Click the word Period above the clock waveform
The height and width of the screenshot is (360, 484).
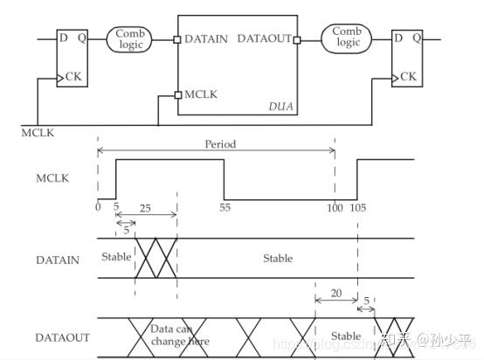[x=220, y=144]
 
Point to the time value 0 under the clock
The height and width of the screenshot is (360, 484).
[x=99, y=208]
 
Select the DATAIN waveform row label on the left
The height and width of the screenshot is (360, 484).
[x=57, y=260]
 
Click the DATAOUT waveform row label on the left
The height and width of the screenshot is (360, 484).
[x=60, y=336]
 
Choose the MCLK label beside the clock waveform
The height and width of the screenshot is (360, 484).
[x=53, y=179]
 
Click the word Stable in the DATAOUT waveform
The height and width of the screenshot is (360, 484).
[x=346, y=336]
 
